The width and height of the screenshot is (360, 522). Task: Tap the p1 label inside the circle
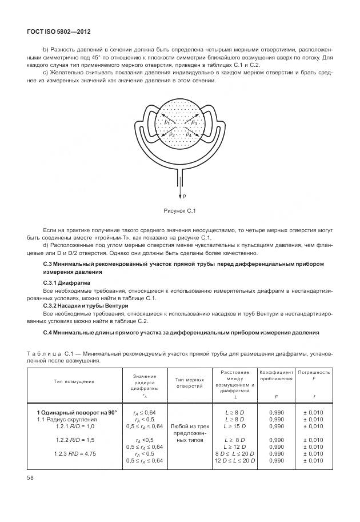point(167,123)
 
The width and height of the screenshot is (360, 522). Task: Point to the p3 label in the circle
point(194,122)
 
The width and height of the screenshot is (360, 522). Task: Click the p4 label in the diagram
point(189,134)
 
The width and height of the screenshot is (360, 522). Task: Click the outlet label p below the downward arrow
point(184,196)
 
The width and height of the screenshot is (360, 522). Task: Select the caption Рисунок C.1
point(180,211)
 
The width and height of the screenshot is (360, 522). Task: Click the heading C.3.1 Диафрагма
point(67,283)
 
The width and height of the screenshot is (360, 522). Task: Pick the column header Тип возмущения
point(74,381)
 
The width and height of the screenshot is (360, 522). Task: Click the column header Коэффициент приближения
point(276,375)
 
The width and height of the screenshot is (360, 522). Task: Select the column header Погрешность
point(314,375)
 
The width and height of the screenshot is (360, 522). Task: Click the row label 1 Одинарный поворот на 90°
point(77,412)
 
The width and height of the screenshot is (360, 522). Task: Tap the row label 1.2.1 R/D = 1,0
point(75,427)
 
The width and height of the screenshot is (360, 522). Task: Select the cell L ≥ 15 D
point(235,427)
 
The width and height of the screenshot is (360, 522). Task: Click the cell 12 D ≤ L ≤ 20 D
point(235,461)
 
